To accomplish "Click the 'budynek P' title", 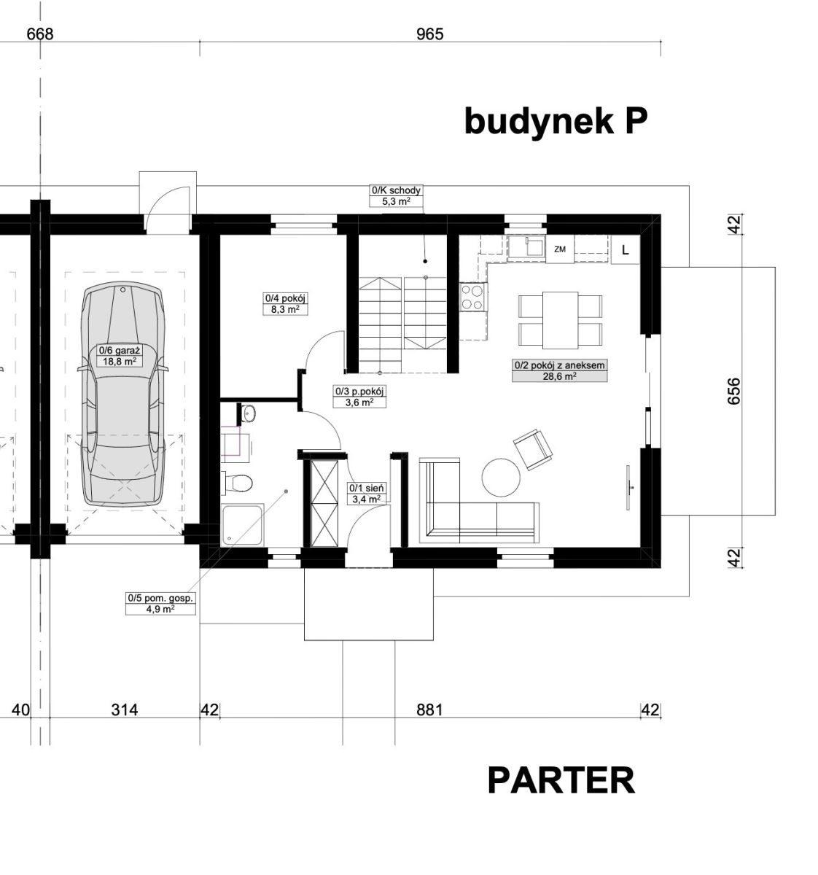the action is (x=556, y=122).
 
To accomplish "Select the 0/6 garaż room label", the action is (x=120, y=356).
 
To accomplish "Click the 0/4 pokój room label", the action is (x=285, y=303).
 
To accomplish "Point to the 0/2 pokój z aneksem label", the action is (x=559, y=370).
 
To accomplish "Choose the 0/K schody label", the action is (x=396, y=195).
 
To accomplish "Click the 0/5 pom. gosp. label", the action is (x=160, y=603).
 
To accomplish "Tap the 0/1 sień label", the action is (x=366, y=494).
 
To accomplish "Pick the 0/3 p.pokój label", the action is (x=359, y=397).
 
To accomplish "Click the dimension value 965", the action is (x=429, y=34).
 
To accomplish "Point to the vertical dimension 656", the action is (x=734, y=391).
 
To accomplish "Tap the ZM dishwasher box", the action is (x=560, y=249).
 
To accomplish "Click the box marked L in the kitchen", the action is (x=625, y=250).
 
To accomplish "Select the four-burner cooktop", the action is (x=474, y=297).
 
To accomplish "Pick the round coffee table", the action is (x=501, y=477).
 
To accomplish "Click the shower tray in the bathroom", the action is (x=242, y=526).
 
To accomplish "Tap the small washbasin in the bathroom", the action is (x=247, y=413).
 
